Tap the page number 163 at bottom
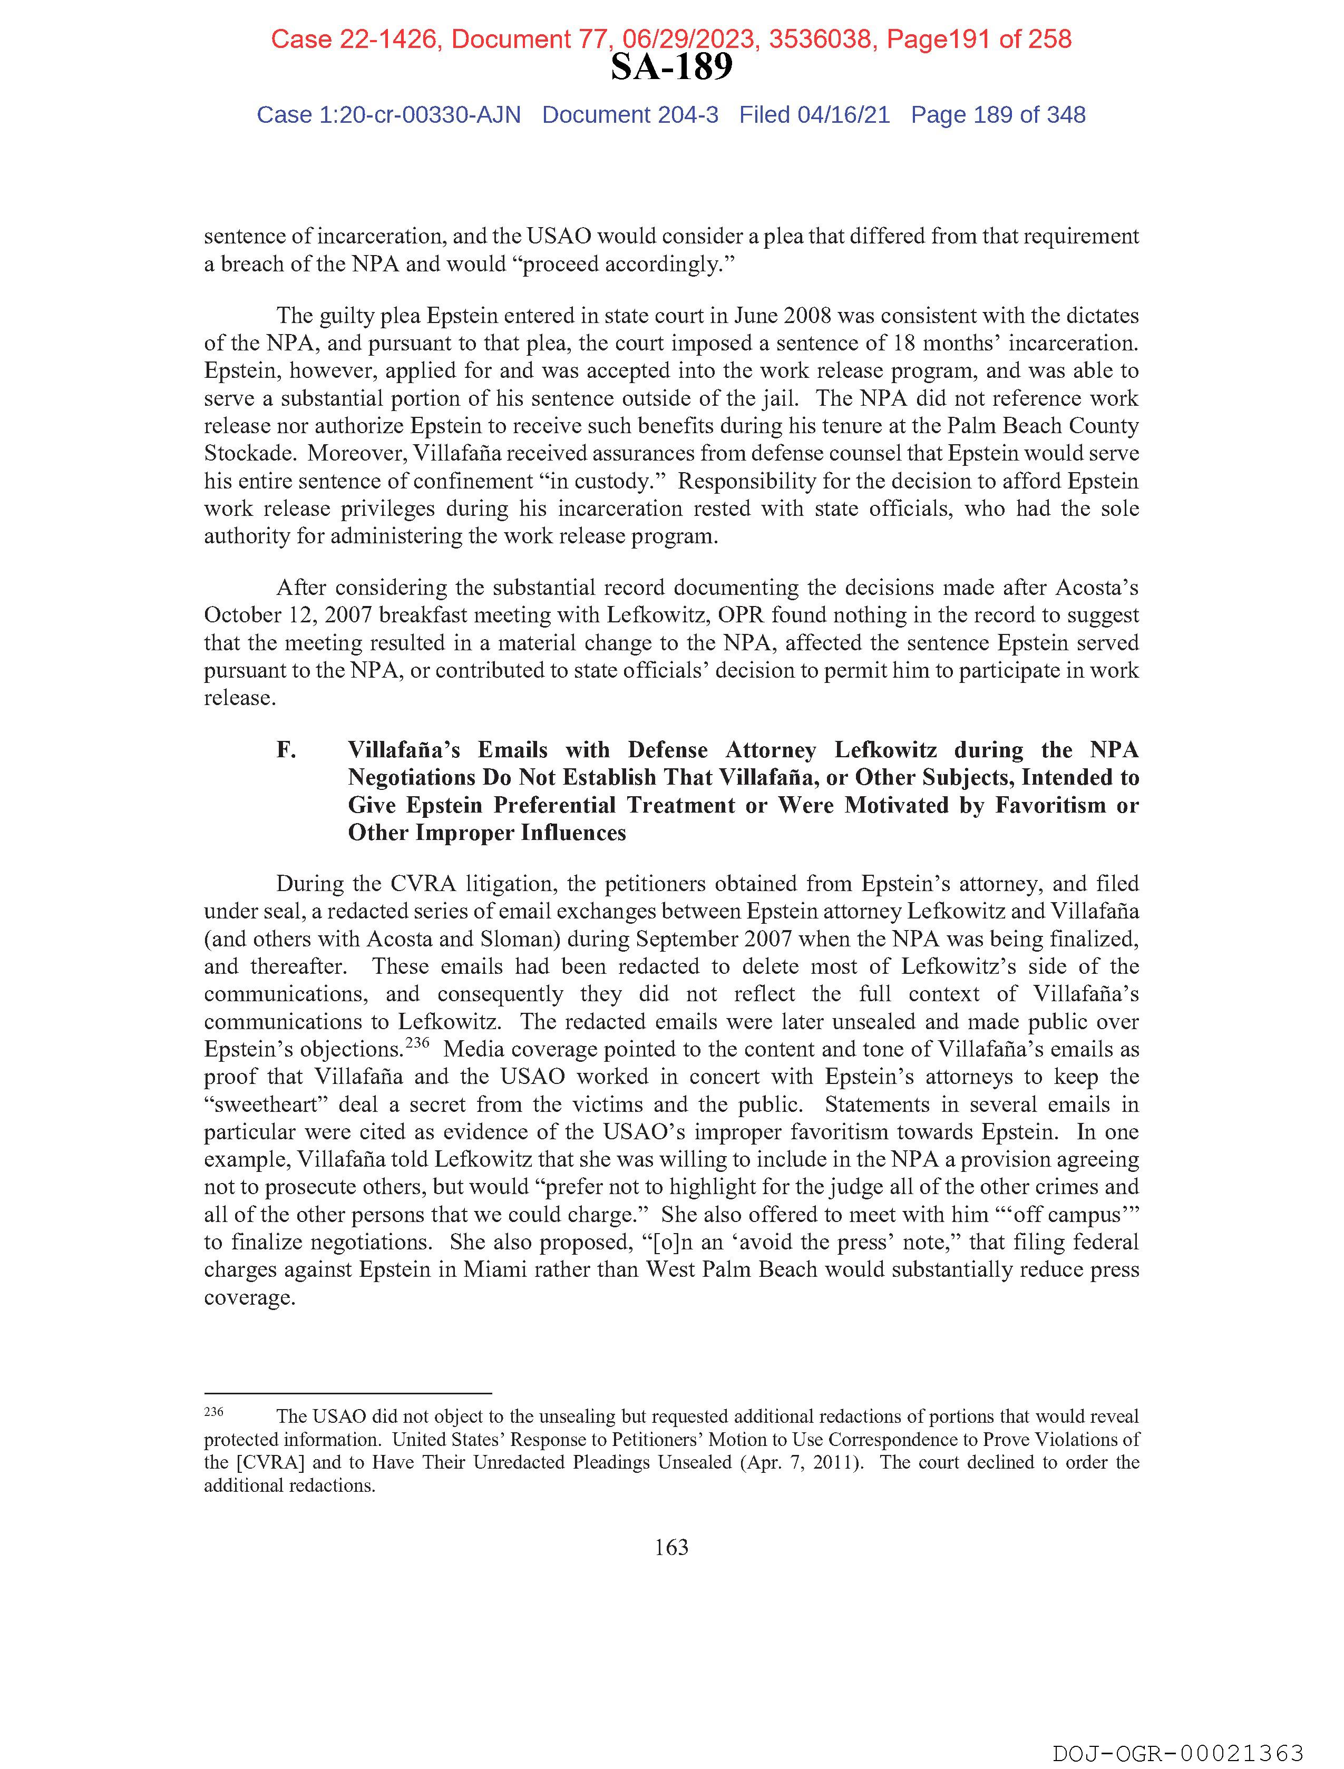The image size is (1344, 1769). point(671,1548)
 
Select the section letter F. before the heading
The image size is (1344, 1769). point(286,750)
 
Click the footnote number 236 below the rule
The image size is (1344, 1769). point(213,1412)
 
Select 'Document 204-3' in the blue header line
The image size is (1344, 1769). point(630,115)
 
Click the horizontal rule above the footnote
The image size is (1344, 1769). point(347,1393)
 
